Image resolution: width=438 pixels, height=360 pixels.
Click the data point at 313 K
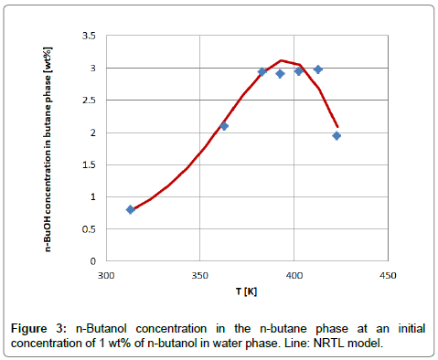point(131,209)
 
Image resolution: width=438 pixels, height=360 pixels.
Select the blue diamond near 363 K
point(224,126)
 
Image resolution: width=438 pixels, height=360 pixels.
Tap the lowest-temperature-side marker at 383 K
point(262,71)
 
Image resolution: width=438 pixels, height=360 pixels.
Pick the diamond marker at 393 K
point(280,73)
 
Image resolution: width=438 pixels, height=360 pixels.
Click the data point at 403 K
point(299,71)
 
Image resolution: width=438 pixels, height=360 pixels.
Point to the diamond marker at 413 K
point(318,69)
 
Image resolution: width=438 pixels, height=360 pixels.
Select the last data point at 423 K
point(337,135)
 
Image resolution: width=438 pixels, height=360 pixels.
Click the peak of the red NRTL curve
point(282,60)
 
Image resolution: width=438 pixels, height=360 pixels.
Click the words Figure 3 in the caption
point(42,326)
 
